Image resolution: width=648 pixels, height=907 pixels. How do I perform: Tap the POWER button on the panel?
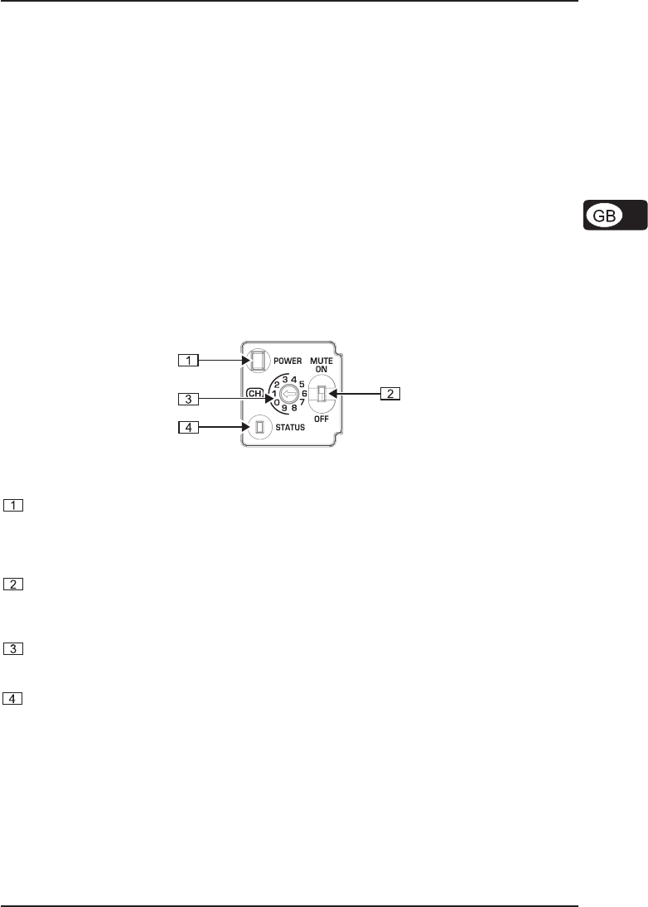pyautogui.click(x=257, y=359)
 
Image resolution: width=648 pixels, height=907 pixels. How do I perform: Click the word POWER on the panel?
pyautogui.click(x=287, y=361)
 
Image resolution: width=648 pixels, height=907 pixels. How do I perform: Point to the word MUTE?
pyautogui.click(x=322, y=361)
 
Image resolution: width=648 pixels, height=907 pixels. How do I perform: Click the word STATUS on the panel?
pyautogui.click(x=291, y=428)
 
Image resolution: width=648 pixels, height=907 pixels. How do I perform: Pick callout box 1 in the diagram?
pyautogui.click(x=190, y=360)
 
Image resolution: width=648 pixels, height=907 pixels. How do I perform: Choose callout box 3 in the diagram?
pyautogui.click(x=190, y=398)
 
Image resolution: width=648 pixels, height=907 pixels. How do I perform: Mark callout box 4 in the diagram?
pyautogui.click(x=190, y=428)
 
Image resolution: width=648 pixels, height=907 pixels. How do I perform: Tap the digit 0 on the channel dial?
pyautogui.click(x=276, y=402)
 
